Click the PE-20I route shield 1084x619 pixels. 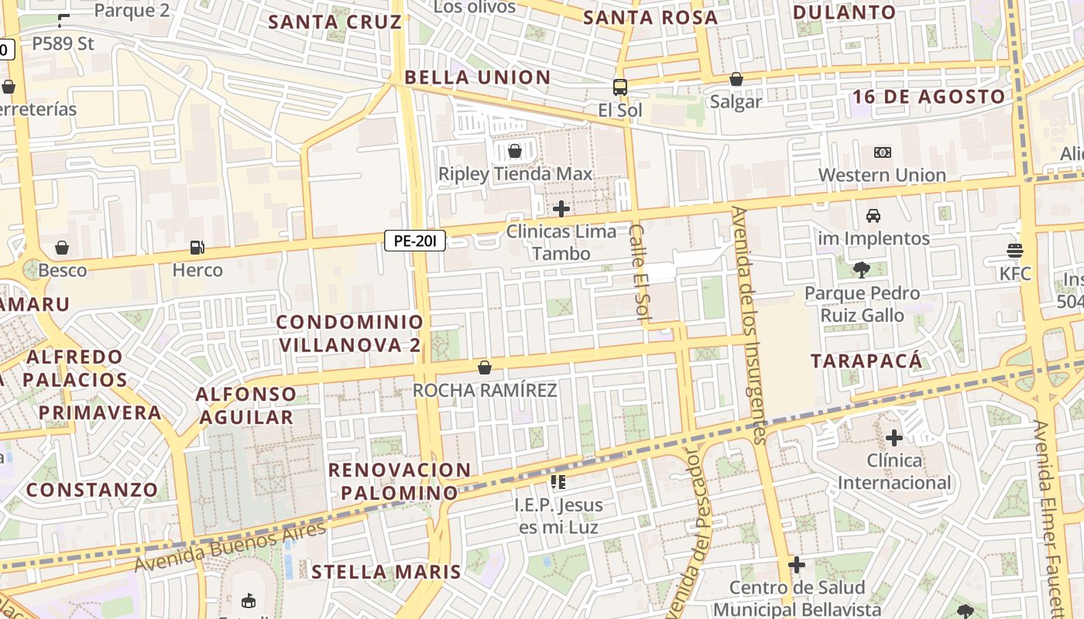tap(415, 241)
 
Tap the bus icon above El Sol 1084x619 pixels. tap(620, 87)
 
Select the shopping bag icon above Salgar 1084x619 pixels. tap(736, 79)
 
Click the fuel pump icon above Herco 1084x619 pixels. tap(197, 248)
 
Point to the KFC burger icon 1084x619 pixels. tap(1015, 251)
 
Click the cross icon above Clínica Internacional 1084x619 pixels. tap(894, 438)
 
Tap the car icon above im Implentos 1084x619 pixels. tap(873, 215)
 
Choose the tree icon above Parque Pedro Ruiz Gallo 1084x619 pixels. tap(861, 270)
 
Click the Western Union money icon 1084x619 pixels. tap(882, 152)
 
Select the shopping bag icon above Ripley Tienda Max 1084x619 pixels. tap(515, 150)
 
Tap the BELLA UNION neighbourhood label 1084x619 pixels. tap(478, 77)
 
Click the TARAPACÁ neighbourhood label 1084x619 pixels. tap(867, 361)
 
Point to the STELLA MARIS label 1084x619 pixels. tap(386, 573)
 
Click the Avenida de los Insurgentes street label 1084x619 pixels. tap(750, 325)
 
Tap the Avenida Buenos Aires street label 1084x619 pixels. tap(230, 547)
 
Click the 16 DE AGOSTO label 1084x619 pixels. tap(929, 97)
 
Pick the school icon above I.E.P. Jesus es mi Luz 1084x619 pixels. tap(558, 482)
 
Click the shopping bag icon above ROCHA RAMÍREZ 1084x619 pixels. tap(485, 367)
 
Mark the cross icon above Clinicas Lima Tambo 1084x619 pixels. tap(561, 209)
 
